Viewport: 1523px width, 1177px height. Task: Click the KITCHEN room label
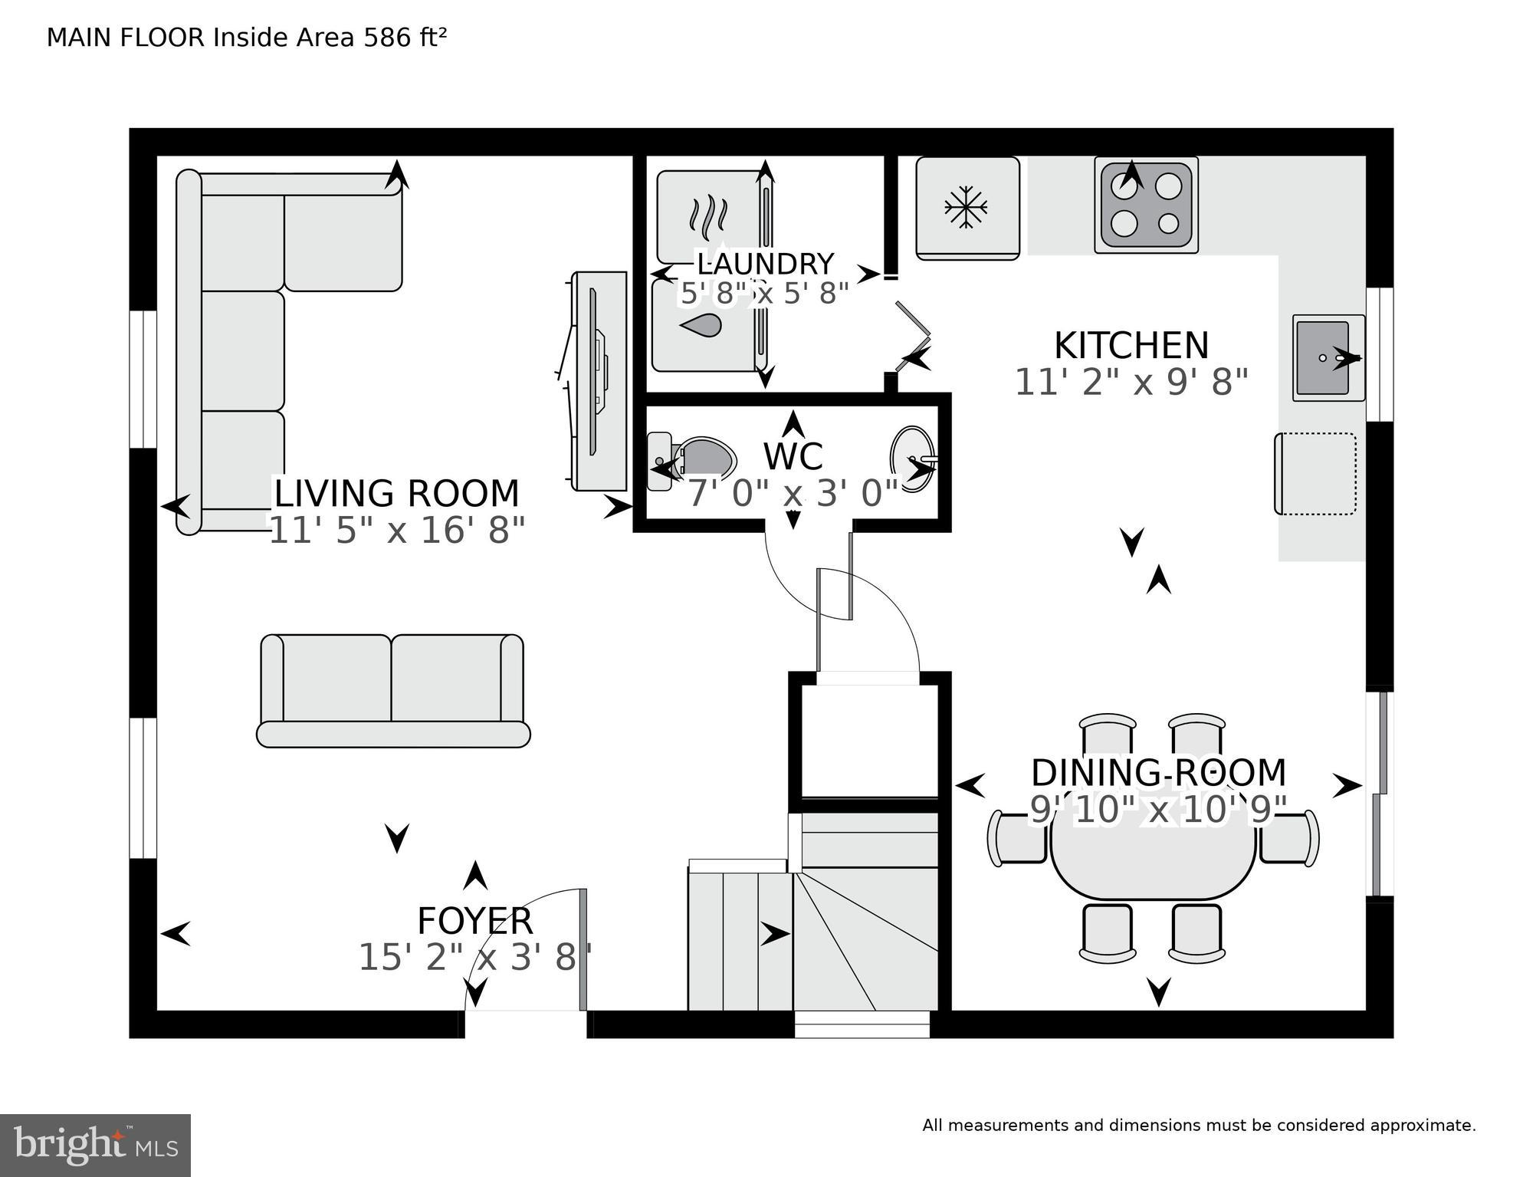[x=1131, y=346]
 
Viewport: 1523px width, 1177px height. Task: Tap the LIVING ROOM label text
[x=396, y=494]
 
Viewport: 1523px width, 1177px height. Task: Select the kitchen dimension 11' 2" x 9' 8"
[x=1131, y=382]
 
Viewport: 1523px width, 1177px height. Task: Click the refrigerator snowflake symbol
[x=966, y=207]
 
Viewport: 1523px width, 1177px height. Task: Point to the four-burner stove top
[x=1146, y=204]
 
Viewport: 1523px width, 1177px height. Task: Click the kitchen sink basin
[x=1322, y=357]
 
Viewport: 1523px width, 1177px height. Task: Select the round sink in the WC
[x=911, y=459]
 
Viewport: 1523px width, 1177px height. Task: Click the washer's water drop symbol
[x=701, y=327]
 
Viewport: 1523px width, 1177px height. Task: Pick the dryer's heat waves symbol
[x=707, y=215]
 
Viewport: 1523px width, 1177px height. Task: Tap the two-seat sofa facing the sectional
[x=392, y=690]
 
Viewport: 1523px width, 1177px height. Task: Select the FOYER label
[x=474, y=920]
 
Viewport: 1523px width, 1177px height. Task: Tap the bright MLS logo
[x=95, y=1146]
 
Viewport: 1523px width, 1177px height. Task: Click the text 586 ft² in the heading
[x=405, y=38]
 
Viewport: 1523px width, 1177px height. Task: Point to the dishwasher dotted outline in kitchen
[x=1316, y=474]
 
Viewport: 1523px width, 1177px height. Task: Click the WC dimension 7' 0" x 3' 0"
[x=792, y=494]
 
